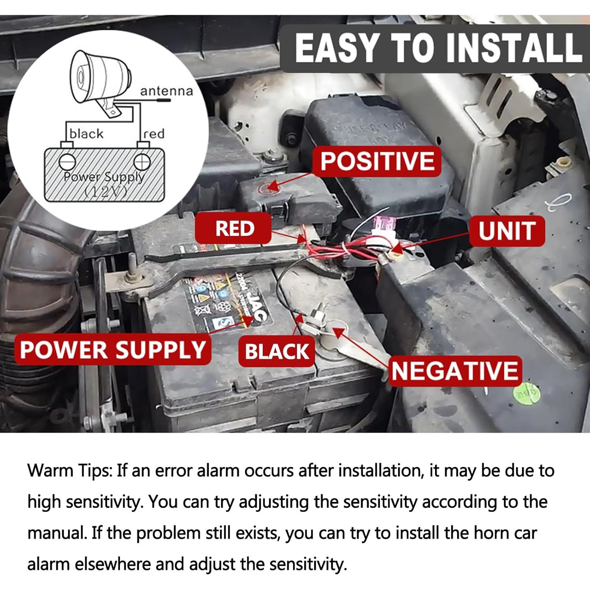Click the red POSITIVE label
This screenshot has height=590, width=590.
(377, 161)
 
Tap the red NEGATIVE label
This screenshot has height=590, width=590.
(455, 371)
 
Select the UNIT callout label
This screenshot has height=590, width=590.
(507, 231)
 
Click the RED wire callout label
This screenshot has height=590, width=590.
(234, 229)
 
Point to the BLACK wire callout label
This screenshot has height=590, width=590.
(277, 351)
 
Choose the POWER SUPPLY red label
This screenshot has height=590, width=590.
(112, 350)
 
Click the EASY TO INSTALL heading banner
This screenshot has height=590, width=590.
(437, 48)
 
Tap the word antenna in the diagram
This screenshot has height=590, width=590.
(166, 91)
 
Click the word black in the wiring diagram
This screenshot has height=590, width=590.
(86, 134)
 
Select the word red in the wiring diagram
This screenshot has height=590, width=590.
(154, 134)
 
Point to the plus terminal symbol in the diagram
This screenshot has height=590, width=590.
(142, 161)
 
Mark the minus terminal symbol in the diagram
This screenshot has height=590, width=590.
(67, 161)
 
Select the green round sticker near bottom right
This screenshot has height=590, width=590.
(526, 393)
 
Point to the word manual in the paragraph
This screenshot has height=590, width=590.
(57, 533)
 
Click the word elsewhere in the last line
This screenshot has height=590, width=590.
(113, 564)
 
